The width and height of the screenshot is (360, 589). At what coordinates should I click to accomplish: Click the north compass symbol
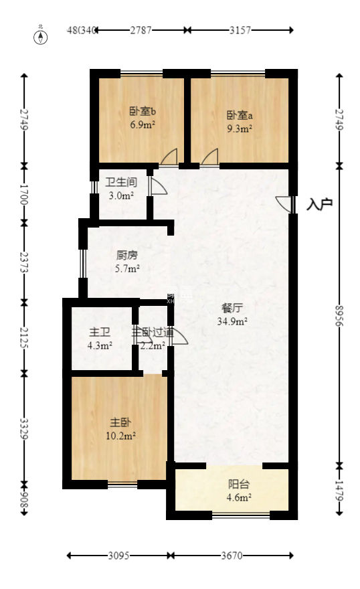(41, 36)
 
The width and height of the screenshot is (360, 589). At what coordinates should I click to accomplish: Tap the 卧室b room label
(143, 113)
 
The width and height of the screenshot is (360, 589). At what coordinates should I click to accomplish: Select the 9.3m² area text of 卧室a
(239, 125)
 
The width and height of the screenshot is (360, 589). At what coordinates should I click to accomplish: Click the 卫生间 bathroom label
(122, 181)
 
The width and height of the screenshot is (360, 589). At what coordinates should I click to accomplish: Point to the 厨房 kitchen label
(127, 255)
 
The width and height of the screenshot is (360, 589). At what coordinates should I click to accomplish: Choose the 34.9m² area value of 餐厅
(233, 321)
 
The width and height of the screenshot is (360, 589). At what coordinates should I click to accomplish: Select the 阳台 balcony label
(239, 484)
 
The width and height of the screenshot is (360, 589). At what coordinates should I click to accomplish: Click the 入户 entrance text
(319, 204)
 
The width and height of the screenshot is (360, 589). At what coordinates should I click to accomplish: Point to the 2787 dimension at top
(141, 30)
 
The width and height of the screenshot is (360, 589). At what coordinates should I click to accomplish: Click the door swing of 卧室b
(169, 157)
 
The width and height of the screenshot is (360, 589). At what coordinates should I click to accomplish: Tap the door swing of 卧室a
(210, 157)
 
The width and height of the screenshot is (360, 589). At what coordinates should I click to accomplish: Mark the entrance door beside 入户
(285, 204)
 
